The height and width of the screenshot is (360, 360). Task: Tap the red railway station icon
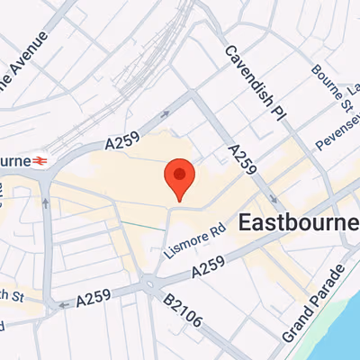[x=40, y=160]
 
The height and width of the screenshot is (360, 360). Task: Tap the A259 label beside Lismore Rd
[x=208, y=267]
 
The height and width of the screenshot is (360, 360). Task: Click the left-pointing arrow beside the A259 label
[x=62, y=304]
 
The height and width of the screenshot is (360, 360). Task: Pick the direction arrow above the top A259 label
[x=165, y=114]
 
